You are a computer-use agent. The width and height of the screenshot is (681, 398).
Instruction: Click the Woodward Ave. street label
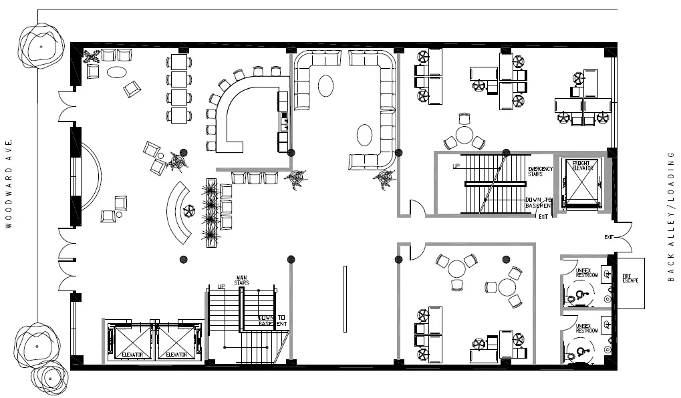tap(9, 184)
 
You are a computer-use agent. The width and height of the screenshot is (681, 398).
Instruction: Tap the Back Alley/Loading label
tap(671, 216)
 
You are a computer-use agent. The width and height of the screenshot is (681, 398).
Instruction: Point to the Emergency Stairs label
tap(540, 172)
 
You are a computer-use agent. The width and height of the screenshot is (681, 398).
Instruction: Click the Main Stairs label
tap(242, 280)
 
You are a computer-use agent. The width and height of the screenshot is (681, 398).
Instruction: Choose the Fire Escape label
tap(630, 278)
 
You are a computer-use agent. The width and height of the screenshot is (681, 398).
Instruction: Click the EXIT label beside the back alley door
tap(609, 237)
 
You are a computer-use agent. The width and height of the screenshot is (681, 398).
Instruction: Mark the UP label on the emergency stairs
tap(456, 165)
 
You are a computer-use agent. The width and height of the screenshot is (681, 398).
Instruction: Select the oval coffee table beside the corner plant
tap(117, 71)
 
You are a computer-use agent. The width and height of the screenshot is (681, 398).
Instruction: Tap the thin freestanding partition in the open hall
tap(345, 299)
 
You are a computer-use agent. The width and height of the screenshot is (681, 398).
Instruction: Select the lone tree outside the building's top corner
tap(41, 47)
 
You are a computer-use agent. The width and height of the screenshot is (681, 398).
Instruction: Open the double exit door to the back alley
tap(622, 238)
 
